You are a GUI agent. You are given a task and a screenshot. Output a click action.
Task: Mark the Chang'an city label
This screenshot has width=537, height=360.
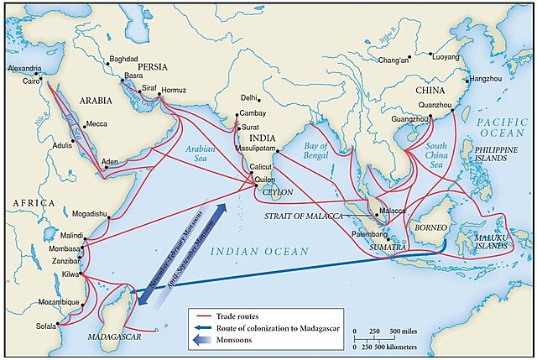396,60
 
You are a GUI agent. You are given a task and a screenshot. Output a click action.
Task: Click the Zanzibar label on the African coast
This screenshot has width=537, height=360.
63,263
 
